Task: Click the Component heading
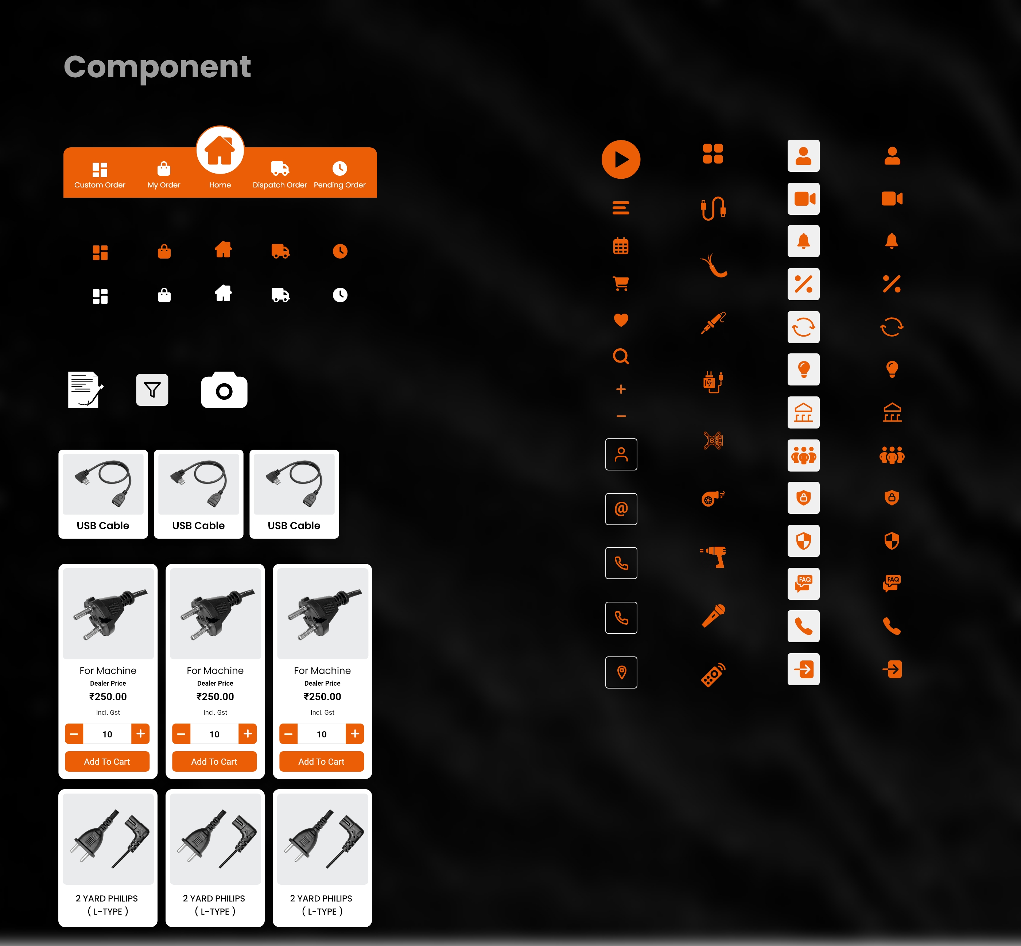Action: [x=157, y=67]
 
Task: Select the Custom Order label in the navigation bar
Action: [x=100, y=185]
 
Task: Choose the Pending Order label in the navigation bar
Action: [x=340, y=185]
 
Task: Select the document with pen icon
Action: [x=85, y=389]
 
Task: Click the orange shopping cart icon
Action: [x=621, y=283]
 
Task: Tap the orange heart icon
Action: [x=621, y=320]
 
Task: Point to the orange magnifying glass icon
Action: [x=621, y=356]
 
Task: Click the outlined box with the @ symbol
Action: [x=621, y=509]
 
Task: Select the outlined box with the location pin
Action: [x=621, y=672]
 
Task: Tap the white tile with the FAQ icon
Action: [x=804, y=584]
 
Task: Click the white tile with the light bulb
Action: [x=804, y=369]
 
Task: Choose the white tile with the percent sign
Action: [x=804, y=284]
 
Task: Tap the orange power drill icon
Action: [x=713, y=557]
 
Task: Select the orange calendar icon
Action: [x=621, y=246]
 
